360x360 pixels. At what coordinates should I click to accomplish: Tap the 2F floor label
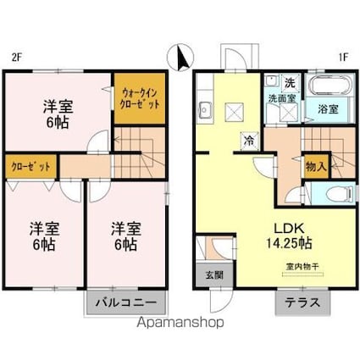pyautogui.click(x=15, y=58)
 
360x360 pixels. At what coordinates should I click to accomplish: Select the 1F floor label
pyautogui.click(x=343, y=58)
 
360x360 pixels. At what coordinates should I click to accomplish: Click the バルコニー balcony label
pyautogui.click(x=125, y=302)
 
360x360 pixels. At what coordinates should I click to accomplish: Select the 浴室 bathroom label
pyautogui.click(x=329, y=110)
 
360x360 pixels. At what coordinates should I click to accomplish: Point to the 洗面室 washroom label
pyautogui.click(x=280, y=98)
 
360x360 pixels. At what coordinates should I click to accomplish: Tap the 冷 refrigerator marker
pyautogui.click(x=250, y=141)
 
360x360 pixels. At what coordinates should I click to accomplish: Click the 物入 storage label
pyautogui.click(x=316, y=167)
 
